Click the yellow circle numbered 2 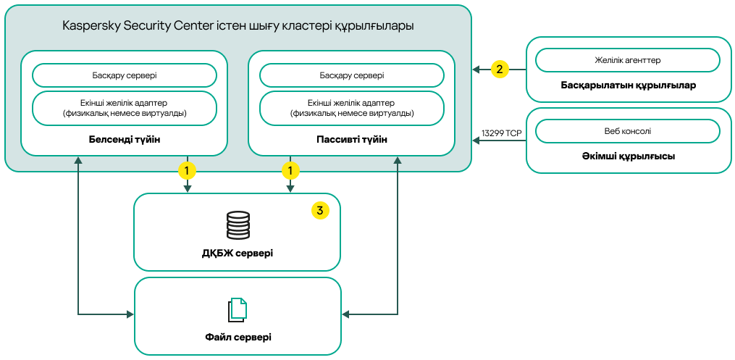click(499, 70)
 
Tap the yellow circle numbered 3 click(319, 210)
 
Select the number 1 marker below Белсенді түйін click(187, 171)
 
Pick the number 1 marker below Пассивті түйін click(290, 171)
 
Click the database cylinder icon click(238, 225)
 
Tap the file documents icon click(238, 310)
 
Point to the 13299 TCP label click(500, 133)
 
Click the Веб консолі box click(627, 131)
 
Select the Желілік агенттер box click(627, 60)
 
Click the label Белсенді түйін click(124, 138)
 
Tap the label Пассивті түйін click(351, 138)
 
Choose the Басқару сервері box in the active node click(125, 75)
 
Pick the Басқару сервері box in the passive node click(351, 75)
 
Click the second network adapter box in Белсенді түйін click(125, 108)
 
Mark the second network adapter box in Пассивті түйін click(351, 108)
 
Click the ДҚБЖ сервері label click(238, 254)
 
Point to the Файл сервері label click(238, 338)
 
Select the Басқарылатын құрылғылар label click(628, 85)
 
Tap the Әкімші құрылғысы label click(628, 156)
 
